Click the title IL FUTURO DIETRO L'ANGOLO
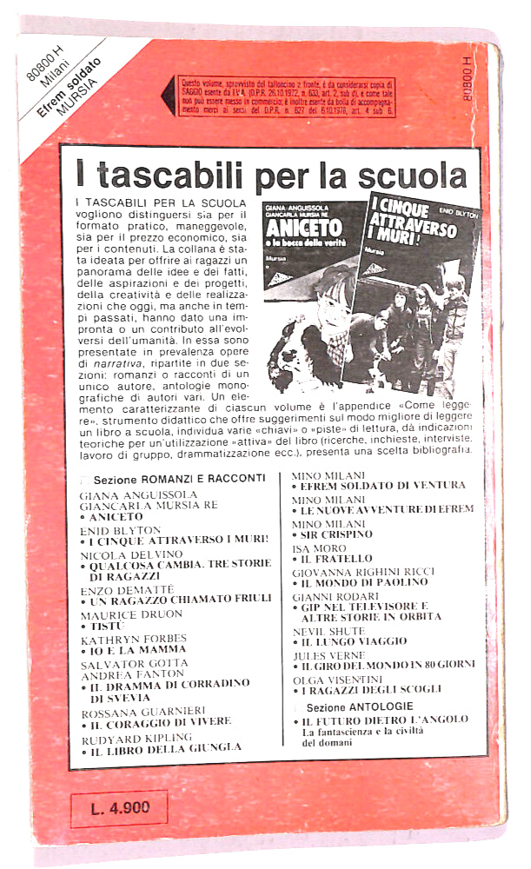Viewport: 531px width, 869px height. [x=386, y=720]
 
